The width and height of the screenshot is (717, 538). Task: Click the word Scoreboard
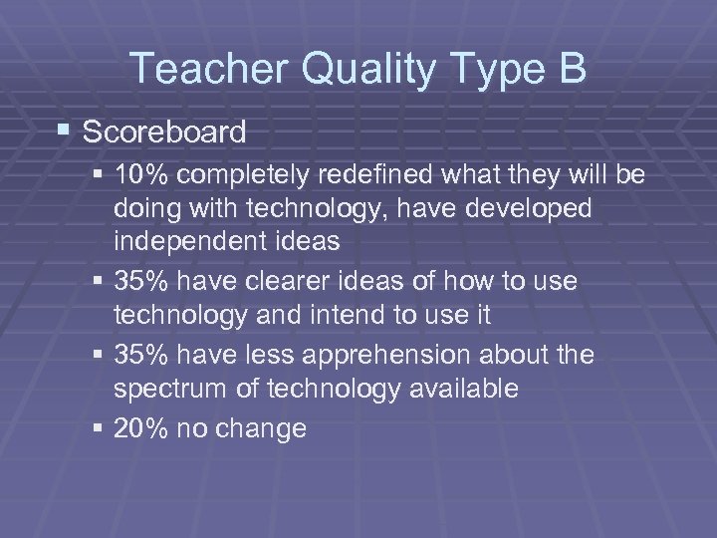(x=164, y=131)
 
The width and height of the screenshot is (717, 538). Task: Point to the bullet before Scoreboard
(x=66, y=131)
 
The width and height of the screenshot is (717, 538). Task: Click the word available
(x=462, y=388)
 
